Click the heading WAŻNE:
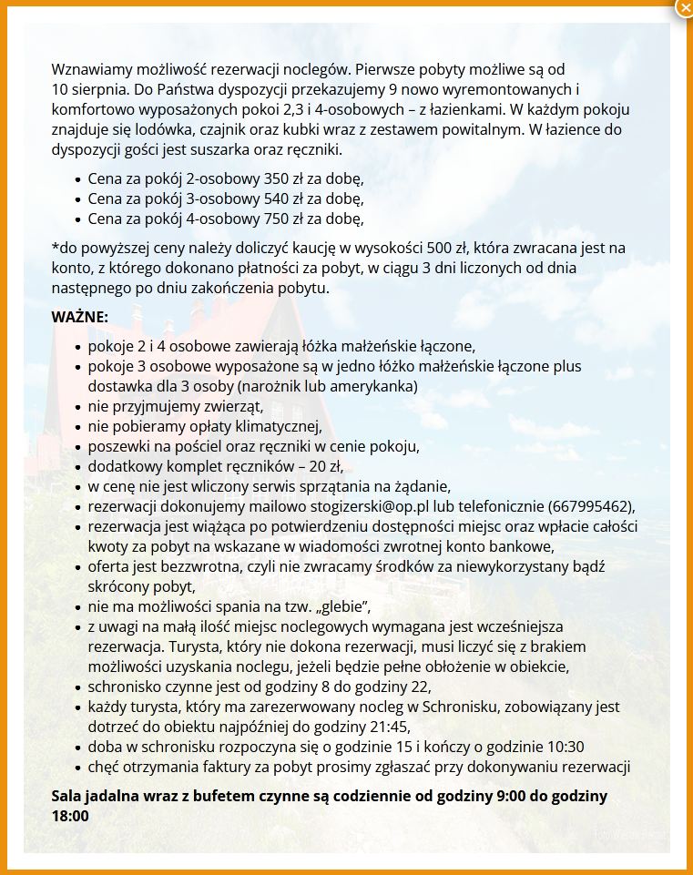pyautogui.click(x=80, y=317)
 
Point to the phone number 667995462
pyautogui.click(x=588, y=506)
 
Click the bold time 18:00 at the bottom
pyautogui.click(x=70, y=816)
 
